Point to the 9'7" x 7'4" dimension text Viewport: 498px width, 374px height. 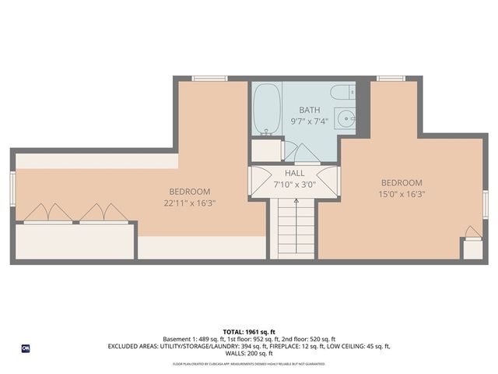click(x=310, y=122)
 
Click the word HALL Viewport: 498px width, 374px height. click(x=294, y=174)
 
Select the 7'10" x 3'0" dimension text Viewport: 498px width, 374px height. click(x=294, y=185)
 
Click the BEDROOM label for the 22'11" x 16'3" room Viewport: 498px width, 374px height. click(x=190, y=192)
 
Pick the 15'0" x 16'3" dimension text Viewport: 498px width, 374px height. click(x=402, y=194)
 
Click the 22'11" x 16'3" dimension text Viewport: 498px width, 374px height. click(x=190, y=203)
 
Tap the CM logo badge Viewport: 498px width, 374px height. click(x=26, y=348)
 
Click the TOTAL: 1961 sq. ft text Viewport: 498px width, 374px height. click(x=249, y=331)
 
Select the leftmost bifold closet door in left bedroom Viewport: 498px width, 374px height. click(x=48, y=212)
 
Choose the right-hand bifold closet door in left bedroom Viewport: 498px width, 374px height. click(x=104, y=212)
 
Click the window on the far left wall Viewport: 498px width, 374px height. click(x=12, y=188)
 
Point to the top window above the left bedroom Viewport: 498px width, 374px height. click(x=209, y=78)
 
